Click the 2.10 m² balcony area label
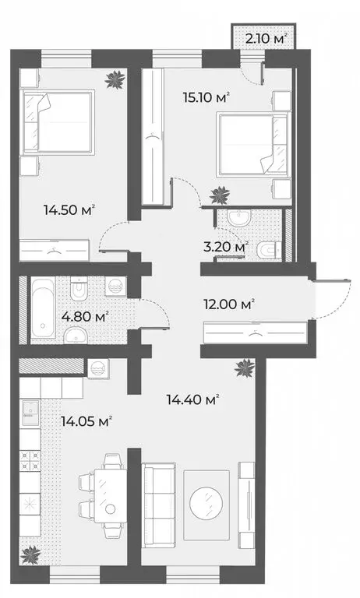coord(266,38)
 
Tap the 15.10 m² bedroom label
coord(206,97)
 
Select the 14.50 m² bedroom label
coord(69,209)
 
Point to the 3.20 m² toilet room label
coord(226,246)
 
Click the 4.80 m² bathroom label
coord(85,317)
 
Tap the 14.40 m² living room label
coord(192,399)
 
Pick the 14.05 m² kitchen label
coord(86,421)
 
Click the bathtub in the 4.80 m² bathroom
coord(43,308)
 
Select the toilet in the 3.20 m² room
coord(269,251)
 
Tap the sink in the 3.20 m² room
coord(238,218)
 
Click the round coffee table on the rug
coord(206,503)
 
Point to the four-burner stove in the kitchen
coord(30,460)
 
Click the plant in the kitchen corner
coord(30,555)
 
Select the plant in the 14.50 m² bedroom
coord(115,79)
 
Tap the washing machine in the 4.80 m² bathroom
coord(115,285)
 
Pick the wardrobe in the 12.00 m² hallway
coord(256,333)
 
